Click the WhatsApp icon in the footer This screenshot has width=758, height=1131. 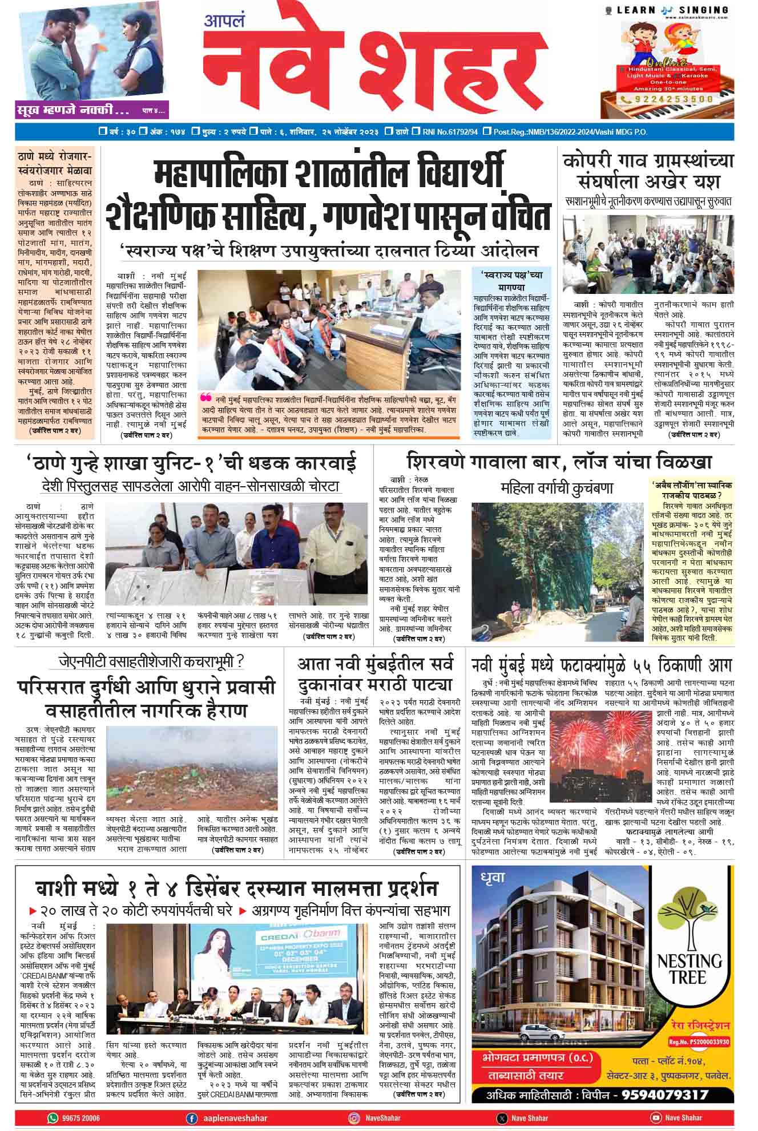click(54, 1118)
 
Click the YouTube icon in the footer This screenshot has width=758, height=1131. click(656, 1118)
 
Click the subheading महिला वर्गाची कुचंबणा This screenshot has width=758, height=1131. click(557, 488)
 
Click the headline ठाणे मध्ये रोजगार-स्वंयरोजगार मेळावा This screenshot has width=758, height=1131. click(55, 163)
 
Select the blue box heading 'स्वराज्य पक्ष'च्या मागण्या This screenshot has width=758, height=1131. click(511, 280)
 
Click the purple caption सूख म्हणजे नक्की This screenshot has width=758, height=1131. click(74, 108)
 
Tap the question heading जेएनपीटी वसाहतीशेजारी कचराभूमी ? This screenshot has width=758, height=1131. click(152, 662)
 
